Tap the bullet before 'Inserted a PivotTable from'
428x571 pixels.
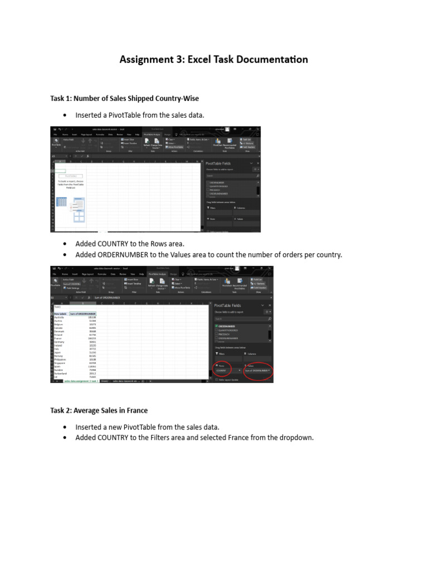tap(65, 115)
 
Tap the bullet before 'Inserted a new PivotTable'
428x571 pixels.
tap(65, 427)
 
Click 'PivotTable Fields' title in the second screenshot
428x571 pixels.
tap(229, 306)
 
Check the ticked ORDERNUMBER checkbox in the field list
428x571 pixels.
tap(216, 326)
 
